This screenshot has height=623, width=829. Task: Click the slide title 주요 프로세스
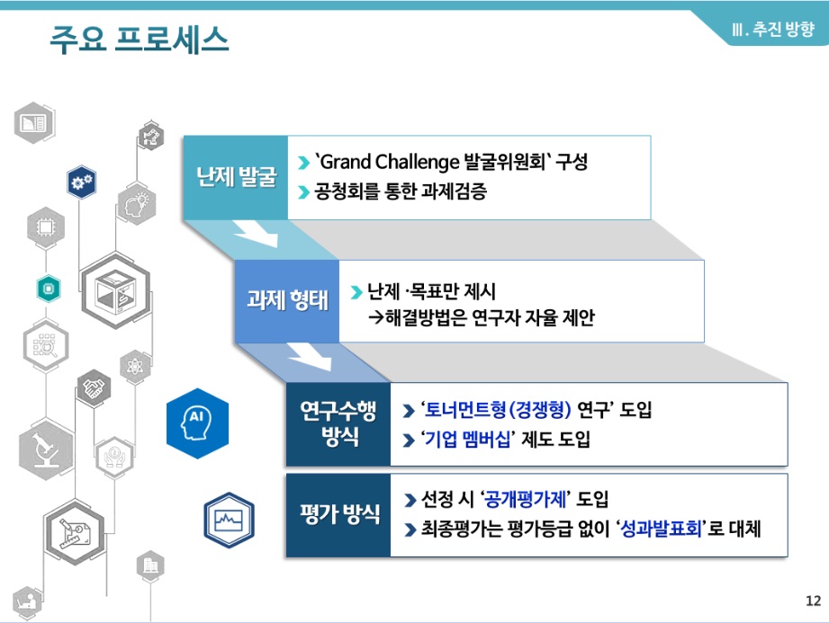click(139, 39)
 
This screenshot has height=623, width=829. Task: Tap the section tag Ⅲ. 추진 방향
click(772, 29)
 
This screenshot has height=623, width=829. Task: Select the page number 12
click(813, 601)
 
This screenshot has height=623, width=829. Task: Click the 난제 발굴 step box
click(236, 177)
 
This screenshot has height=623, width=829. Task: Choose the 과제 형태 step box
click(287, 301)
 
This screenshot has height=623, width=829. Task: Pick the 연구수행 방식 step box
click(338, 424)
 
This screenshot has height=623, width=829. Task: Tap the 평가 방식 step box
click(338, 515)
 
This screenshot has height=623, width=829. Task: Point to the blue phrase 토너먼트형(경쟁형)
click(498, 410)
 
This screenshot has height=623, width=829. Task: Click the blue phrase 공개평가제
click(525, 499)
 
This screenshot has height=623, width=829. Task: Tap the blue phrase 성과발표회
click(661, 529)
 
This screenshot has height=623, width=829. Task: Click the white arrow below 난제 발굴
click(256, 234)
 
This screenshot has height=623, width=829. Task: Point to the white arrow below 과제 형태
click(310, 357)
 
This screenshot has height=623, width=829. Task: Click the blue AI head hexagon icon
click(198, 423)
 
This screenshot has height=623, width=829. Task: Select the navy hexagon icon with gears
click(81, 182)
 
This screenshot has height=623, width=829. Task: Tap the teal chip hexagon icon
click(49, 289)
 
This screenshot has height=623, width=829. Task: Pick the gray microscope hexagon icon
click(46, 449)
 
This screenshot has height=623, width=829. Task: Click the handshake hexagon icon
click(95, 388)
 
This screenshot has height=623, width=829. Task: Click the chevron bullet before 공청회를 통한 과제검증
click(303, 192)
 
